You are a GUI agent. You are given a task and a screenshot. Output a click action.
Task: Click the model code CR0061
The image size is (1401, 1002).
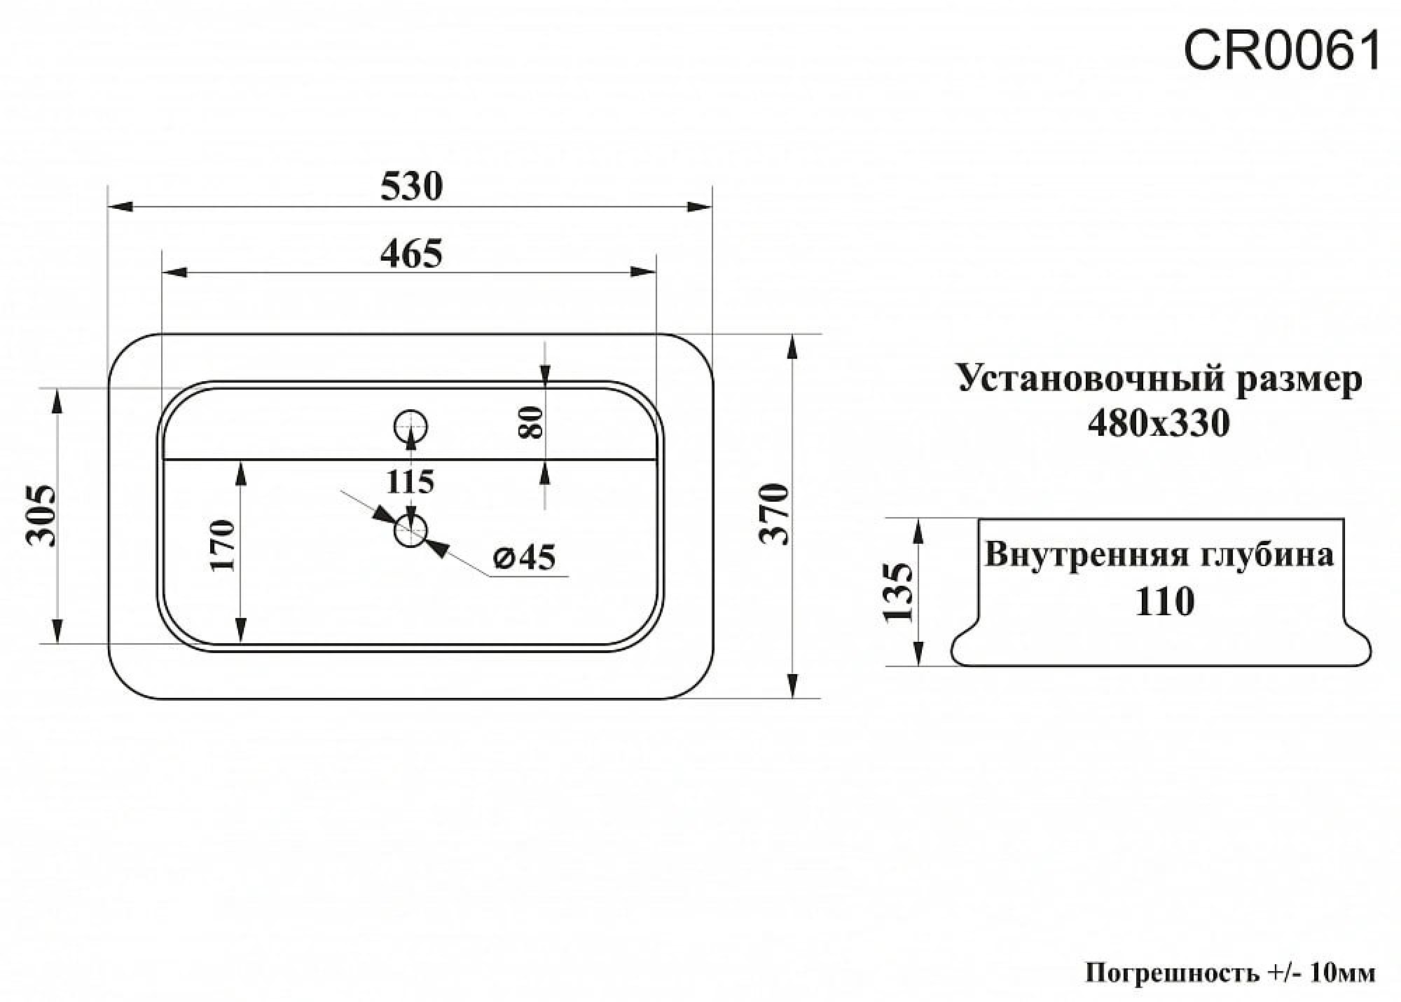1282,51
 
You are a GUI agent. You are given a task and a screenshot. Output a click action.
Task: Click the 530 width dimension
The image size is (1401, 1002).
412,187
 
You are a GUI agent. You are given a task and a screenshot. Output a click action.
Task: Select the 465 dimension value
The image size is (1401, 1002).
412,254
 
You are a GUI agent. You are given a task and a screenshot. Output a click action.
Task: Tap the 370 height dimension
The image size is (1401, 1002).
775,514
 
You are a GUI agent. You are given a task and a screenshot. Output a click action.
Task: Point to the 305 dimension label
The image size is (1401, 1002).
41,515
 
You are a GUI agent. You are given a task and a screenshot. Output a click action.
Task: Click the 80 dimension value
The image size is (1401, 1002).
533,422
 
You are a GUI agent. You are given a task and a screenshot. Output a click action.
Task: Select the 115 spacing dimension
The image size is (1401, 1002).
410,481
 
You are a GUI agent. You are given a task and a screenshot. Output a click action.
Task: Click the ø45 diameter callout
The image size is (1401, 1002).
525,558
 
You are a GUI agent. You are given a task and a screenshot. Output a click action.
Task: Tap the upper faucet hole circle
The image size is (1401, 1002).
411,425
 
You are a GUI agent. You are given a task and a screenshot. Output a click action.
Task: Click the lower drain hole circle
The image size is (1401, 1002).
411,531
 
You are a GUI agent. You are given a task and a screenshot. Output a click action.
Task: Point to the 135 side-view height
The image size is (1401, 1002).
899,593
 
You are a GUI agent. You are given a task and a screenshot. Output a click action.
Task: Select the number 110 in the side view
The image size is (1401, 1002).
1164,601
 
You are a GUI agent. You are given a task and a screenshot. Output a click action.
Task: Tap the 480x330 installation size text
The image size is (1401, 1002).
1159,423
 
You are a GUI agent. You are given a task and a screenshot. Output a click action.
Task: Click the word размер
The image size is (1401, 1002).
1299,379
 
